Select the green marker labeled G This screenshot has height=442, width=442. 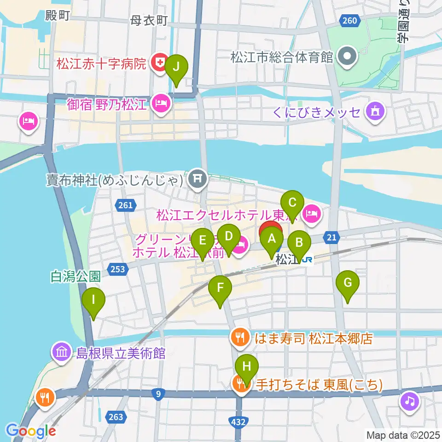348,283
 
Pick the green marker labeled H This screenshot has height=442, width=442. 247,367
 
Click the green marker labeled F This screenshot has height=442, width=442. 220,289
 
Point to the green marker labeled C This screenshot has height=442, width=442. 292,203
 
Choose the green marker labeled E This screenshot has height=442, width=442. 202,241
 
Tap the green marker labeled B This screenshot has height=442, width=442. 299,243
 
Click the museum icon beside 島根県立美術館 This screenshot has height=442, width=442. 61,353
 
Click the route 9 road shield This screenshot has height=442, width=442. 159,393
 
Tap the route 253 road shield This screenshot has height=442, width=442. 117,268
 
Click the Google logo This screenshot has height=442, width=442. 31,431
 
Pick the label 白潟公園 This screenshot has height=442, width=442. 76,276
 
